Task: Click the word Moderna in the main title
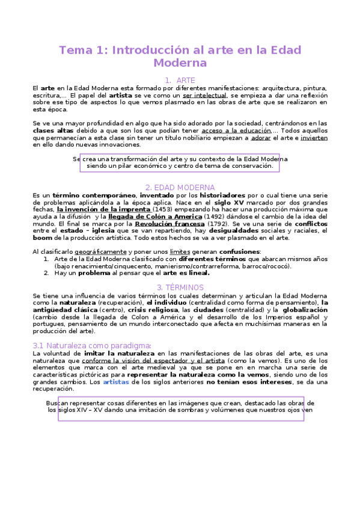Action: [180, 63]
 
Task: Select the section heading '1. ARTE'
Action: [180, 80]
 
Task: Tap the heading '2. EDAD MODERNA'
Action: [180, 188]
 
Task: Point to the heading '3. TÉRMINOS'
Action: [180, 287]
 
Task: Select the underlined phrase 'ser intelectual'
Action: [205, 96]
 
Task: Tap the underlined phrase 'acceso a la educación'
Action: [237, 131]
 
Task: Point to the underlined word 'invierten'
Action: [313, 138]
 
